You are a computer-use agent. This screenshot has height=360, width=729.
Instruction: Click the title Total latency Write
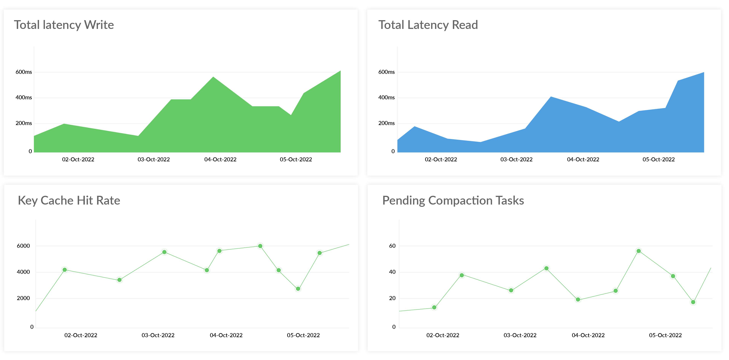tap(64, 25)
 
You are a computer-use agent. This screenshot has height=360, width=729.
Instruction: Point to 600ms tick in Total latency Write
tap(24, 72)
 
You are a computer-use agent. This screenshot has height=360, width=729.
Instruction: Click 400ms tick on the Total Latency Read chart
tap(386, 98)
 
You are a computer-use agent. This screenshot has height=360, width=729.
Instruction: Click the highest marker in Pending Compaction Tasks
tap(638, 251)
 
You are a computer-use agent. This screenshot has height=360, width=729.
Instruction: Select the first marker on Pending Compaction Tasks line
tap(434, 307)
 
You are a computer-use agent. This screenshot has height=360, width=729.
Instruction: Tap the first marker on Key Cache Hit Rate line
tap(64, 270)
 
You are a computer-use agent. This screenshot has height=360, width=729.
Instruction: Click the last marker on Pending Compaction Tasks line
tap(693, 302)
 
